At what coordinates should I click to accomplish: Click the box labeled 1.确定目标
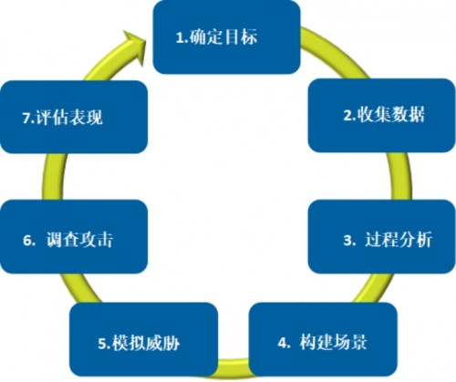[x=226, y=37]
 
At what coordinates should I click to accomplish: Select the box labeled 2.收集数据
[x=382, y=116]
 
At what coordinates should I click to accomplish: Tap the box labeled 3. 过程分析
[x=382, y=237]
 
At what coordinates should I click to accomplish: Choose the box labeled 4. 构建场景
[x=323, y=340]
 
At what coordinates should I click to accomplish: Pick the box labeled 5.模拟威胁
[x=143, y=340]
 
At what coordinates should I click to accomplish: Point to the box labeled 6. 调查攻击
[x=74, y=237]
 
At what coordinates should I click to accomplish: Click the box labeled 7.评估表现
[x=74, y=117]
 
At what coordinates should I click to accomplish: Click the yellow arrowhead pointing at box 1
[x=134, y=46]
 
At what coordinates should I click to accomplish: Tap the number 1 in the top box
[x=180, y=38]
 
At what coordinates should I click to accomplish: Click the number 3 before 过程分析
[x=347, y=241]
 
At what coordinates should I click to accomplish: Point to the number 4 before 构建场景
[x=283, y=343]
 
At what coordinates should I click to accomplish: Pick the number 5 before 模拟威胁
[x=102, y=345]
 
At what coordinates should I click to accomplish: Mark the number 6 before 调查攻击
[x=27, y=241]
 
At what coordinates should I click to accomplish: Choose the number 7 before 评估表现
[x=27, y=118]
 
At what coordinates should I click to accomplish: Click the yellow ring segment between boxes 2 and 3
[x=400, y=176]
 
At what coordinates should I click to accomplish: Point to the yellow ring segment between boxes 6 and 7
[x=52, y=177]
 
